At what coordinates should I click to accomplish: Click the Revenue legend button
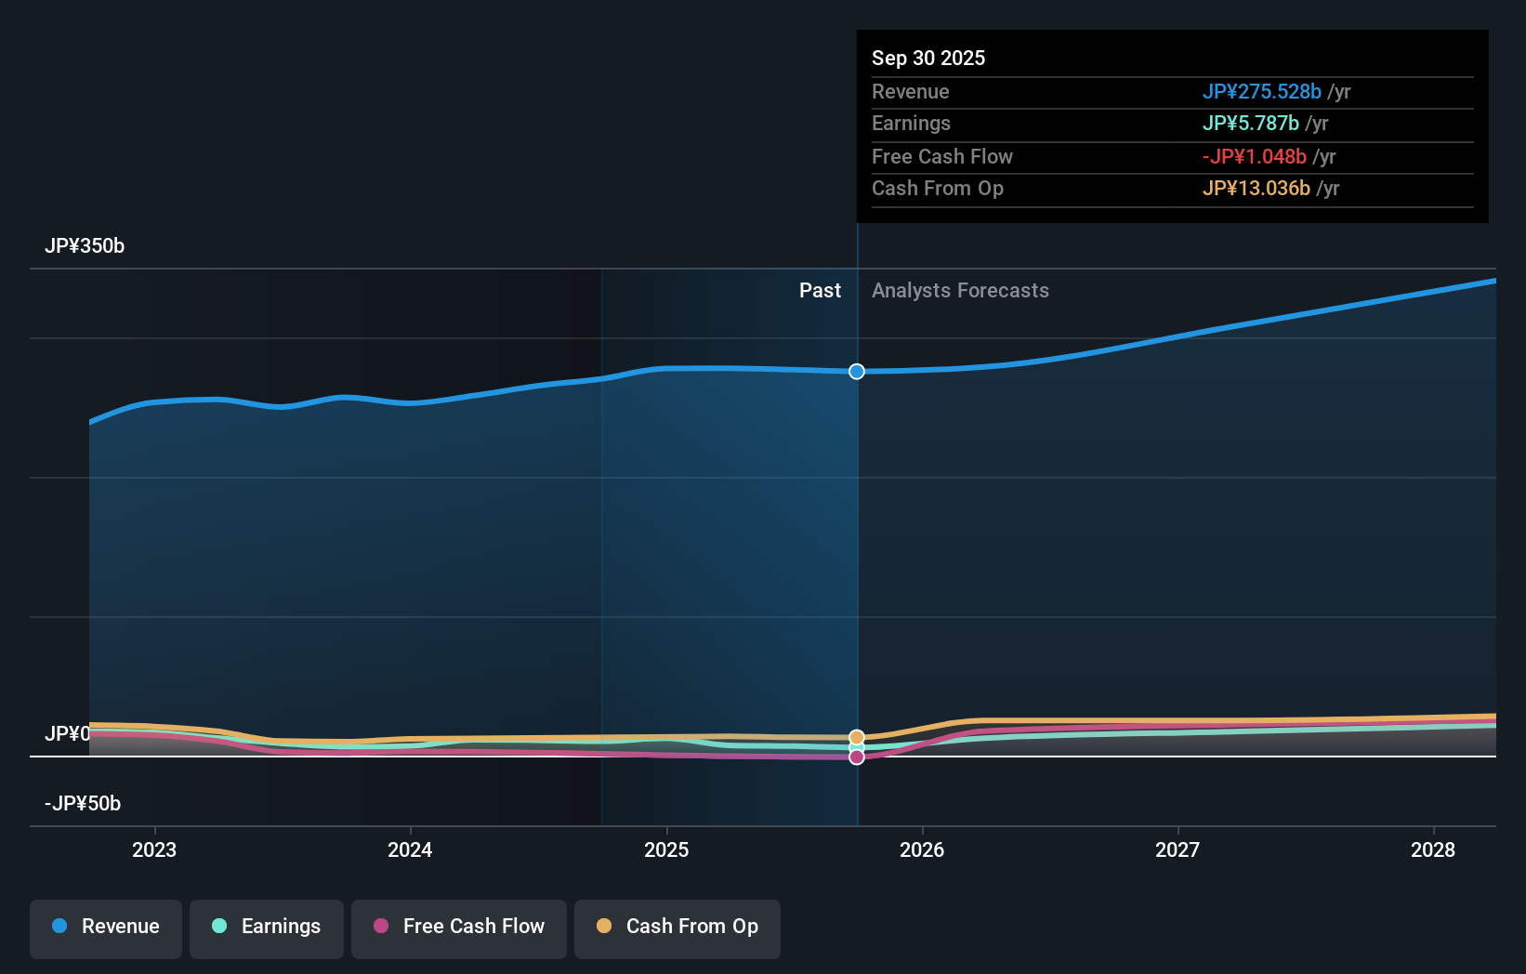pyautogui.click(x=106, y=928)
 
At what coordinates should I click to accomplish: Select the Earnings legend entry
pyautogui.click(x=267, y=928)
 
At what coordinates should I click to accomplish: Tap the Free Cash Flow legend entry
pyautogui.click(x=459, y=928)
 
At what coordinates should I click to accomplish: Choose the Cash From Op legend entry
pyautogui.click(x=677, y=928)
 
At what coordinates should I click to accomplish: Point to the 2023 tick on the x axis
pyautogui.click(x=154, y=849)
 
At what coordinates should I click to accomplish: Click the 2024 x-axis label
pyautogui.click(x=410, y=849)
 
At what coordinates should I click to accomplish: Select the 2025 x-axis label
pyautogui.click(x=666, y=849)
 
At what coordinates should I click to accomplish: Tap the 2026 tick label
pyautogui.click(x=922, y=849)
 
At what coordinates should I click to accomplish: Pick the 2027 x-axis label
pyautogui.click(x=1177, y=849)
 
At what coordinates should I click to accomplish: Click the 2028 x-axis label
pyautogui.click(x=1433, y=849)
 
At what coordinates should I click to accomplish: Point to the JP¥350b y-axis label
pyautogui.click(x=85, y=246)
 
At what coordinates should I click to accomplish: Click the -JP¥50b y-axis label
pyautogui.click(x=83, y=804)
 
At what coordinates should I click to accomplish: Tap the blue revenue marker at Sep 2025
pyautogui.click(x=857, y=372)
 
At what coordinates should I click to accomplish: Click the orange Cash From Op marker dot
pyautogui.click(x=857, y=737)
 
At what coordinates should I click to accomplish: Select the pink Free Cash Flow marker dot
pyautogui.click(x=857, y=757)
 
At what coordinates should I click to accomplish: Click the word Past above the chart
pyautogui.click(x=820, y=291)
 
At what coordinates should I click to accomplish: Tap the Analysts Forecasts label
pyautogui.click(x=960, y=291)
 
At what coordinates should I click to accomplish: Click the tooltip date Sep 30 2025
pyautogui.click(x=928, y=58)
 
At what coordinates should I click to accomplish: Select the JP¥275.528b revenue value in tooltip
pyautogui.click(x=1261, y=92)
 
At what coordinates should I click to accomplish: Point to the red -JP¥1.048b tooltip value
pyautogui.click(x=1254, y=157)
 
